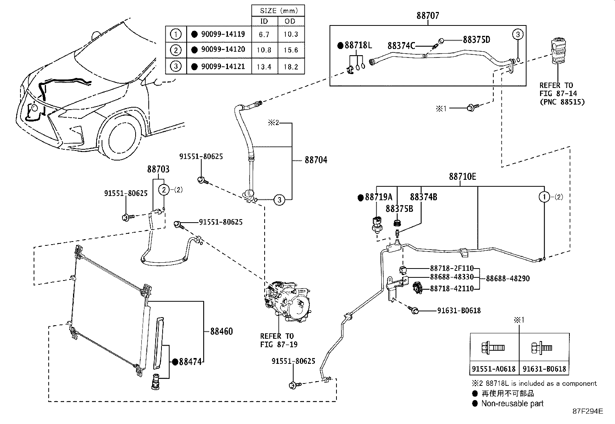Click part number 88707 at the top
point(428,16)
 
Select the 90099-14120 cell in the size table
point(223,50)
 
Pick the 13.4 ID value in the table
point(264,67)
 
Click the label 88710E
point(462,177)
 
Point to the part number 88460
point(221,331)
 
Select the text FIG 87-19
point(279,345)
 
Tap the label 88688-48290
point(508,278)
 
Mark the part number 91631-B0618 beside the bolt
point(459,311)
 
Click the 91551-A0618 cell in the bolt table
point(493,369)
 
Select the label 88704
point(316,160)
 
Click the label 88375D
point(476,39)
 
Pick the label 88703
point(158,169)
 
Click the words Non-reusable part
point(512,404)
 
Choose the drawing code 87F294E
point(587,411)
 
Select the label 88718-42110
point(452,288)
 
